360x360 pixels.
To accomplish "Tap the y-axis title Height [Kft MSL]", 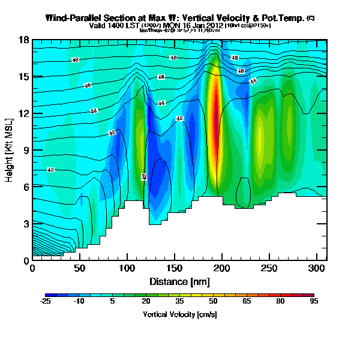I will coord(10,150).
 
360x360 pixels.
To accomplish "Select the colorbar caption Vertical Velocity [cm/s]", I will coord(179,314).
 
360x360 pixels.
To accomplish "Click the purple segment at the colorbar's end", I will coord(308,295).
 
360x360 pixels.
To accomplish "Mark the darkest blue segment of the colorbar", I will coord(50,295).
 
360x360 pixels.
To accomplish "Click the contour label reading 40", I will coord(51,170).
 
